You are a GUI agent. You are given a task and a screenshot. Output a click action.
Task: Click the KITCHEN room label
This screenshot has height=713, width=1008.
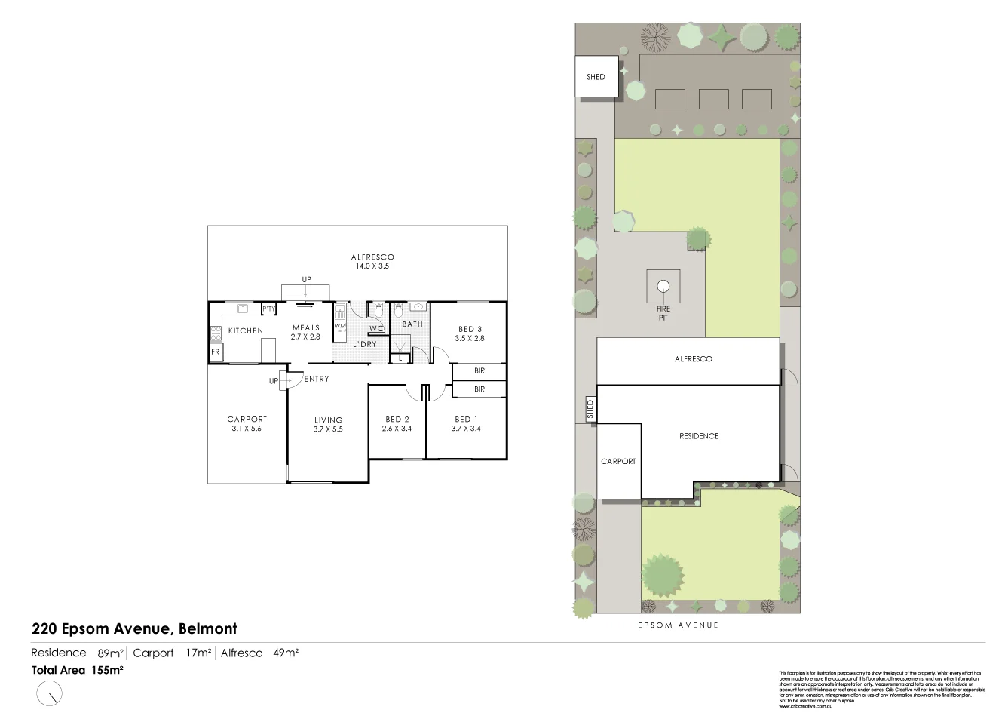pos(246,330)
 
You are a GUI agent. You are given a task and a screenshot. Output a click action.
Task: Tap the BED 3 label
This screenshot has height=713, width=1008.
pos(470,329)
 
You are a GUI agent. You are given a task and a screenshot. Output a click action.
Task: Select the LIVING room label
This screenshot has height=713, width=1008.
pos(328,420)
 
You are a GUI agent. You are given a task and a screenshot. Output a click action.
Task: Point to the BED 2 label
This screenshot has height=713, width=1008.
pos(397,420)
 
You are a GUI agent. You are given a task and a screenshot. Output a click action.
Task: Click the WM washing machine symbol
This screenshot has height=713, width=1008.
pos(339,326)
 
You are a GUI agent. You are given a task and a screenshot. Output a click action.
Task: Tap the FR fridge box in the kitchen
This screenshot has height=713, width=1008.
pos(216,352)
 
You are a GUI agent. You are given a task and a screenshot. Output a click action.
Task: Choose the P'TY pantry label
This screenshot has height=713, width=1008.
pos(268,309)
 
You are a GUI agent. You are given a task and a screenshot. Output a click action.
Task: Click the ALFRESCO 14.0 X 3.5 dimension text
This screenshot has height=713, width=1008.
pos(372,266)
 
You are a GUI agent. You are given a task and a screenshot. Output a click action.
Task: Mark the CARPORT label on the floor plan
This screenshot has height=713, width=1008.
pos(247,420)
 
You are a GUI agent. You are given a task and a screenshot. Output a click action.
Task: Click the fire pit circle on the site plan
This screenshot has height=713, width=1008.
pos(663,286)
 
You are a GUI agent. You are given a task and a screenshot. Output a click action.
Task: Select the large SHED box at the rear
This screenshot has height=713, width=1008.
pos(596,76)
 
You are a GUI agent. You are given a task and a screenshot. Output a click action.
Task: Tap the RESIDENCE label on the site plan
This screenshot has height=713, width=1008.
pos(699,436)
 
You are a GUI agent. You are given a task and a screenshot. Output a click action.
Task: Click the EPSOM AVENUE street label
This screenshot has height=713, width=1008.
pos(678,625)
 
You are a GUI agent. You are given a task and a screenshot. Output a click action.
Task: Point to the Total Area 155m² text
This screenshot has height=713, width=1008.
pos(78,669)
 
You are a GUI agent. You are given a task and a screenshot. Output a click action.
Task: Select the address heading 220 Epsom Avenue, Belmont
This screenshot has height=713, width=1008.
pos(134,628)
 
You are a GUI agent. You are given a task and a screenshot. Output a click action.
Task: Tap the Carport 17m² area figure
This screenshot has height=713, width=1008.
pos(172,653)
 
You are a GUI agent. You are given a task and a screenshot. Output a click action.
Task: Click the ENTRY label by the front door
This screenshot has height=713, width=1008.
pos(317,379)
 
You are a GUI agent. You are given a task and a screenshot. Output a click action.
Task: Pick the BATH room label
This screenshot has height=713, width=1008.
pos(412,324)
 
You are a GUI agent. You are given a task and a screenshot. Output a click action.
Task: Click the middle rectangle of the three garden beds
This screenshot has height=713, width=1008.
pos(713,100)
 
